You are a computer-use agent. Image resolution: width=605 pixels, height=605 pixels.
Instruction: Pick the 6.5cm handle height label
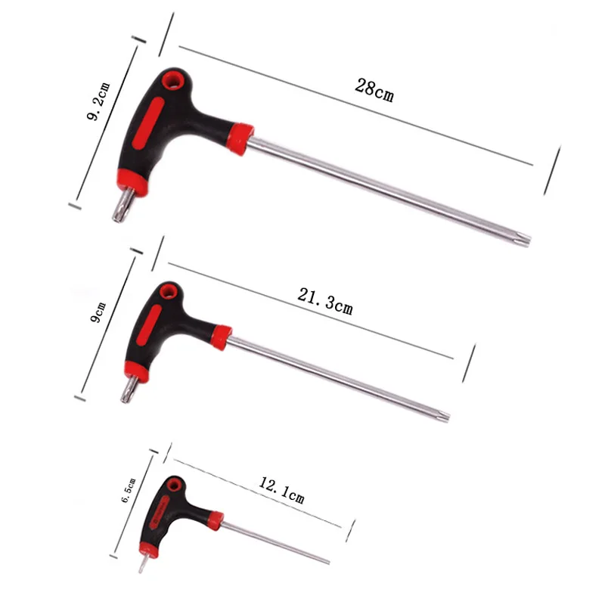[x=128, y=491]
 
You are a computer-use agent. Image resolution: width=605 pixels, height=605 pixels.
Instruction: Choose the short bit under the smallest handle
[x=141, y=564]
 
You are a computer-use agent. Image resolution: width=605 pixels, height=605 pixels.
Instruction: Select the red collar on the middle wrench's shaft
[x=221, y=337]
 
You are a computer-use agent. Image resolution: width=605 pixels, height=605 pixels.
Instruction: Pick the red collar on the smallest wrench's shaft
[x=216, y=520]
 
